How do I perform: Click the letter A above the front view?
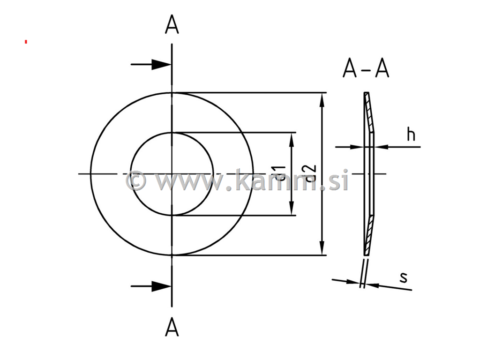coord(172,26)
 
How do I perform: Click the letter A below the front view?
coord(172,327)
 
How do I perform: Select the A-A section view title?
coord(366,69)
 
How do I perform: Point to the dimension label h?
coord(411,135)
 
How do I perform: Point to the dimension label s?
coord(403,277)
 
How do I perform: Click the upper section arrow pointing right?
coord(160,65)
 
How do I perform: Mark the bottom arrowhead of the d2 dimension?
coord(322,249)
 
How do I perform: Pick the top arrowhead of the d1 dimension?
coord(292,138)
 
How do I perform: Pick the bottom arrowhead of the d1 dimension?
coord(292,210)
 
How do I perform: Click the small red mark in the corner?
coord(26,42)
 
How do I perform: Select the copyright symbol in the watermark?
coord(136,180)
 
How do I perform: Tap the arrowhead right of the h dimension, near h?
coord(381,147)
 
